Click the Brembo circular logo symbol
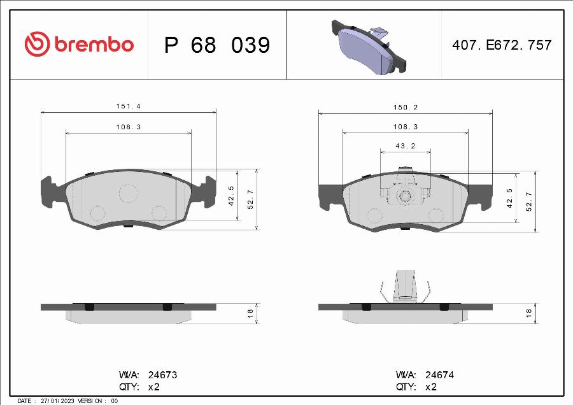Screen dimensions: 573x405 37,44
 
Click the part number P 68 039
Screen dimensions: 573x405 217,45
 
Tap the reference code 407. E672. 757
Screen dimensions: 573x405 502,45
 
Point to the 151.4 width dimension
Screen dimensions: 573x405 128,106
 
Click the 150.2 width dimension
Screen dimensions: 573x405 406,108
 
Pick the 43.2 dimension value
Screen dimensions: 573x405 406,146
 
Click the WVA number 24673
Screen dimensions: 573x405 162,375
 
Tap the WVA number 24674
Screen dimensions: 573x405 439,375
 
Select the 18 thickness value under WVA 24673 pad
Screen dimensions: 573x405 250,313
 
